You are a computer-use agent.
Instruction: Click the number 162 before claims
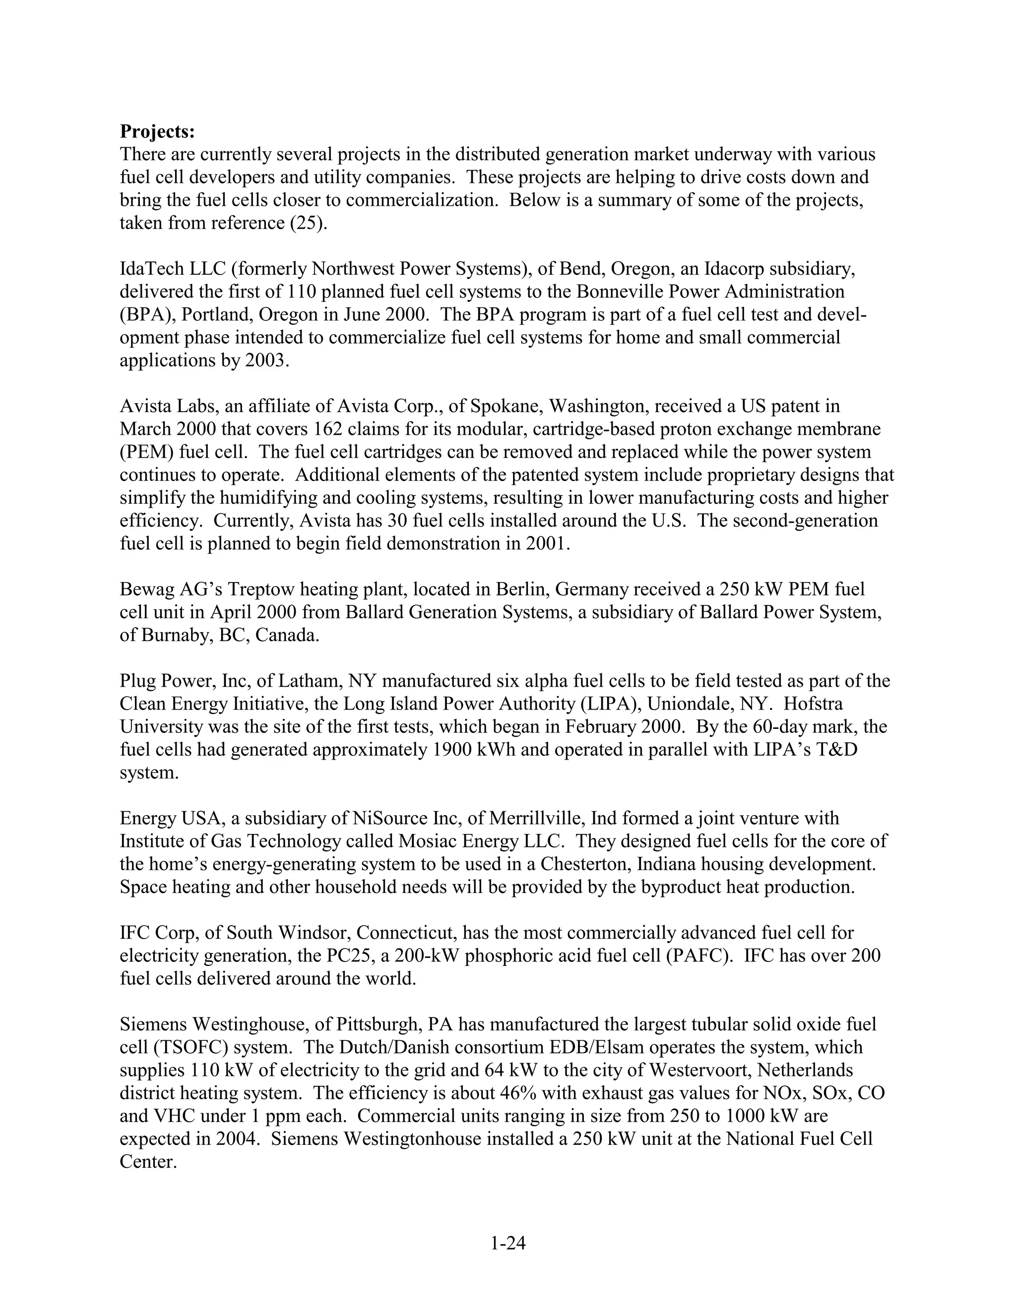[x=329, y=429]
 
